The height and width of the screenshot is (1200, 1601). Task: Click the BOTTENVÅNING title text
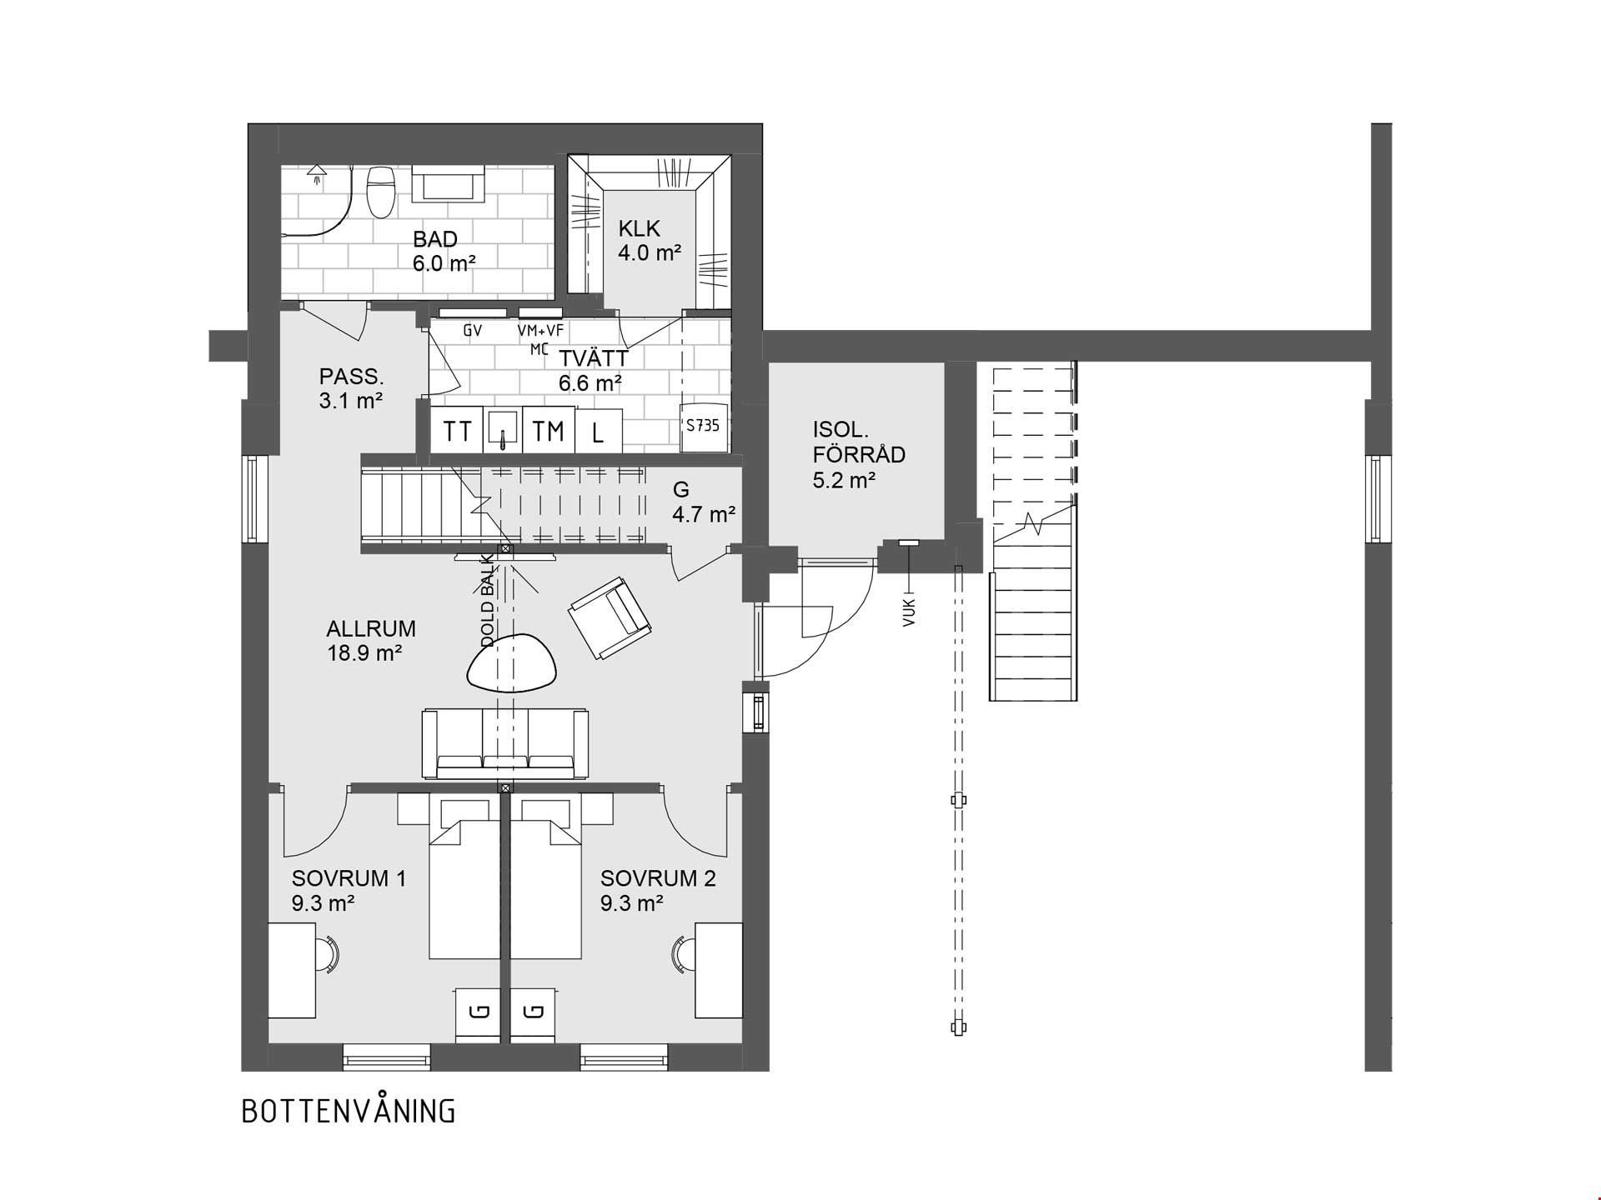coord(349,1111)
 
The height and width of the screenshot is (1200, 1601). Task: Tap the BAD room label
coord(435,239)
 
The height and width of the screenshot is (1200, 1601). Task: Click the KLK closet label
coord(640,227)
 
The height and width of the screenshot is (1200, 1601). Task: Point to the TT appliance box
coord(457,430)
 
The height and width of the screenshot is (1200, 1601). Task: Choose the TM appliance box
coord(549,430)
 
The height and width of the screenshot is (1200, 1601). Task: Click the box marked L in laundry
coord(599,432)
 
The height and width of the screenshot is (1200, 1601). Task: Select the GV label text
coord(473,331)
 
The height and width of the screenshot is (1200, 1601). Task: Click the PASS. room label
coord(352,376)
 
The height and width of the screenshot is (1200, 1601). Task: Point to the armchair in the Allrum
coord(610,617)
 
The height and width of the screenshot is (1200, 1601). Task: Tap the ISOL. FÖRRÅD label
coord(859,442)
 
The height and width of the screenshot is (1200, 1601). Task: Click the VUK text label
coord(909,612)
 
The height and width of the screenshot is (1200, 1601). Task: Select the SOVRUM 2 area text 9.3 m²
coord(632,902)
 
